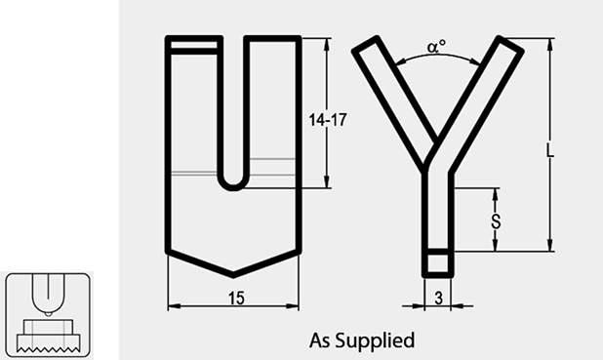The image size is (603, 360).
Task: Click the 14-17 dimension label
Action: [328, 120]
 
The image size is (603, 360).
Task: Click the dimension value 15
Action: [236, 299]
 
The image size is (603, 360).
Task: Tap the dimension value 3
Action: [439, 299]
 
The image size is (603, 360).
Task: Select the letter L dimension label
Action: [550, 150]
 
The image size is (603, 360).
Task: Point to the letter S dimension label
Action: [496, 221]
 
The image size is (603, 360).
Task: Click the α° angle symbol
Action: [436, 47]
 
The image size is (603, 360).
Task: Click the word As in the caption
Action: [320, 340]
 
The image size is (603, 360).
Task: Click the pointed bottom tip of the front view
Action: [233, 276]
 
